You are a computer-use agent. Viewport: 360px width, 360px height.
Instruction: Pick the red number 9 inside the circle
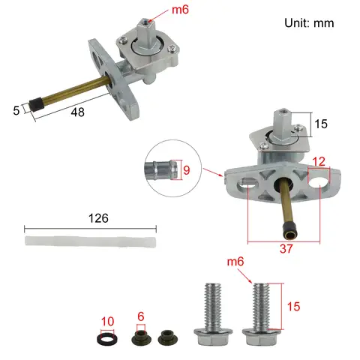pos(187,169)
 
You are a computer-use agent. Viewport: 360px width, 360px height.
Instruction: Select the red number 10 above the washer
pos(108,322)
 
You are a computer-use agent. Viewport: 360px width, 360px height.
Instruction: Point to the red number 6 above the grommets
pos(139,317)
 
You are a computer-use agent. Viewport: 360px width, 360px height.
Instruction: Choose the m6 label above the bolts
pos(236,261)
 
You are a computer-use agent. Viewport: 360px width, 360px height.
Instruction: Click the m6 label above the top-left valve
pos(180,10)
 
